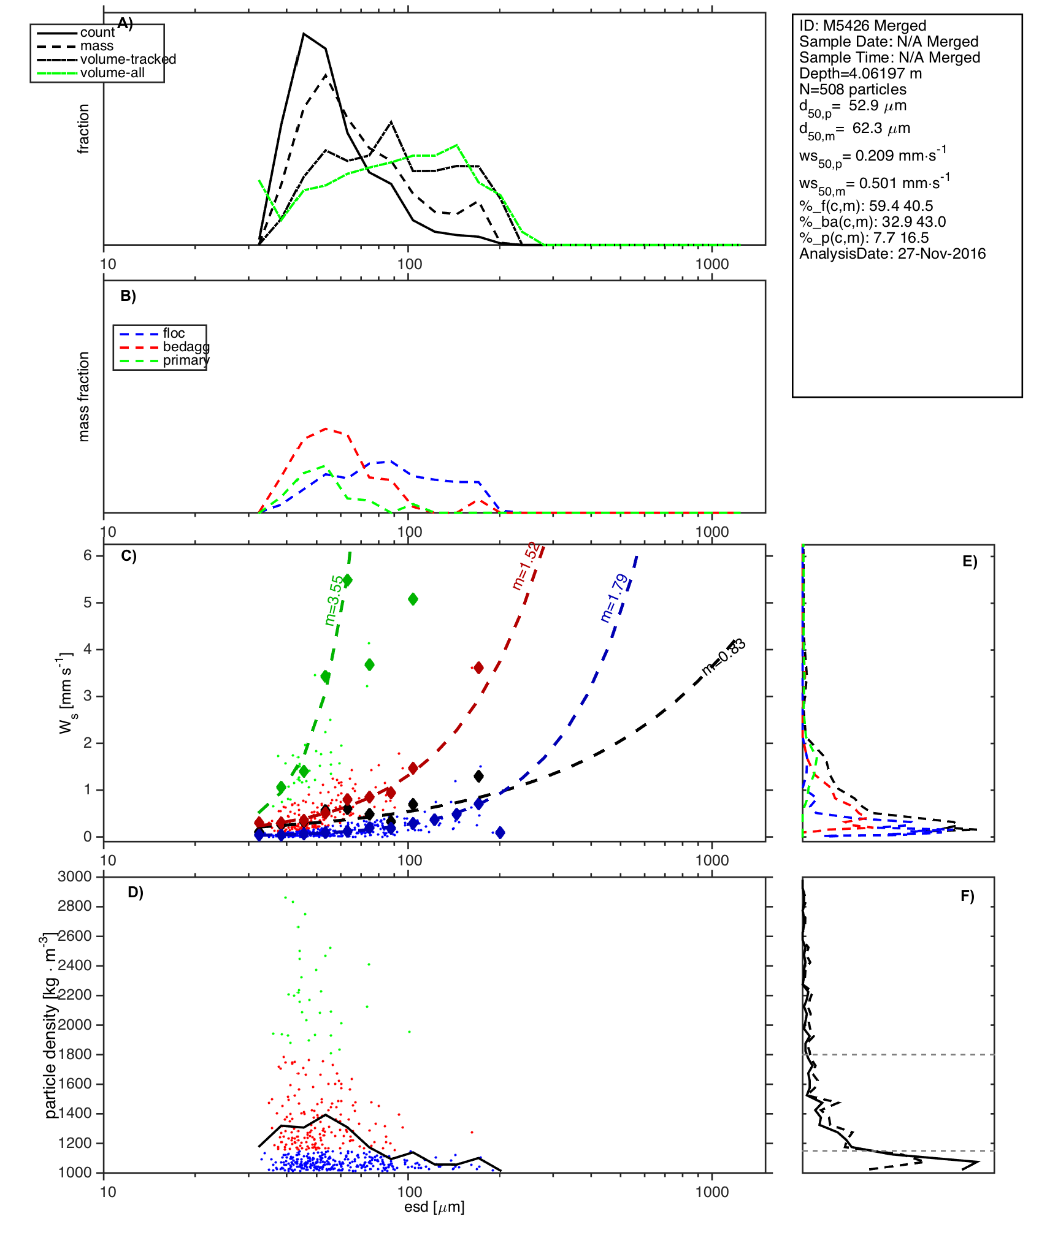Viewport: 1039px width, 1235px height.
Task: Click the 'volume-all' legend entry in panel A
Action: tap(112, 73)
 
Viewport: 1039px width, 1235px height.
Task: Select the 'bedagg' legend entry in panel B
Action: tap(186, 347)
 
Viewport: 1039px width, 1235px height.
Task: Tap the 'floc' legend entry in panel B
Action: tap(174, 333)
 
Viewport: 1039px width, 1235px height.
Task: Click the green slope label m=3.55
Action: tap(334, 601)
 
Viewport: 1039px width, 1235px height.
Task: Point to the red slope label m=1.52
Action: tap(526, 566)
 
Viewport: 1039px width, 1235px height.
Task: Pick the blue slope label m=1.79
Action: tap(614, 598)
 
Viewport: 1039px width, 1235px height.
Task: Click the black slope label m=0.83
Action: tap(724, 657)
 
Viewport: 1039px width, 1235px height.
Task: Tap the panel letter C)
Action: tap(129, 556)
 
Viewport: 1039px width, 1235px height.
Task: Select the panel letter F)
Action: tap(967, 897)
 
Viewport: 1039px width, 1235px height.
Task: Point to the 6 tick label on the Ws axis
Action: tap(88, 555)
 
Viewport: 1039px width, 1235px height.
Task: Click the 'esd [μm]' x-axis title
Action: tap(434, 1207)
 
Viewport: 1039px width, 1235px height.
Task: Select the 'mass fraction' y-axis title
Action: tap(84, 397)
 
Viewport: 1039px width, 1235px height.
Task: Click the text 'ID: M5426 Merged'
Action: tap(862, 26)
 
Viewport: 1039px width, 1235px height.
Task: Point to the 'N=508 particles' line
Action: tap(853, 89)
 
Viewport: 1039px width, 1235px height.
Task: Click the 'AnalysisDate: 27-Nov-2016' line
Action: tap(892, 254)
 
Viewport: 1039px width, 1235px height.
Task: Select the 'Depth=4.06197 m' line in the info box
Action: tap(861, 74)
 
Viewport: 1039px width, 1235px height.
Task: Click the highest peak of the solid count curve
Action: tap(303, 34)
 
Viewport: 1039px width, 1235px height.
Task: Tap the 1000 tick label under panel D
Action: tap(712, 1191)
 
